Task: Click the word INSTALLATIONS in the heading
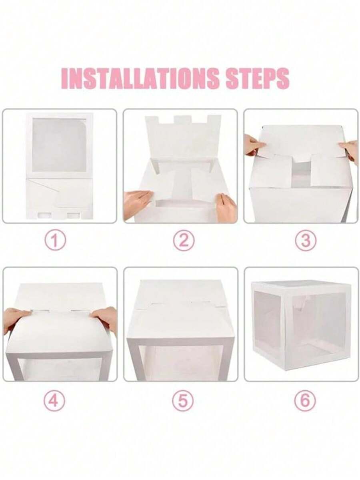tap(142, 78)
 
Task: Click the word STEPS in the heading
tap(257, 78)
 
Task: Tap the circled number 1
tap(55, 241)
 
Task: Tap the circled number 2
tap(183, 241)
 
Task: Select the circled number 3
tap(306, 241)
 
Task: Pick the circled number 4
tap(54, 401)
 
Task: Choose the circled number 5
tap(183, 401)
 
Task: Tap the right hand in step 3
tap(350, 150)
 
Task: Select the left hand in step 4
tap(15, 319)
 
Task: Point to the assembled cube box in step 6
tap(301, 324)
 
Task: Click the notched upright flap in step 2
tap(184, 136)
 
